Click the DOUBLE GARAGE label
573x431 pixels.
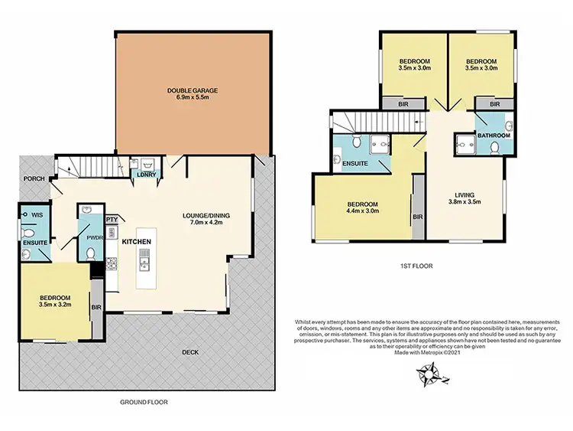(x=193, y=93)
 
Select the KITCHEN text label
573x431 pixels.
(x=135, y=242)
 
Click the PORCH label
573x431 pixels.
(x=33, y=180)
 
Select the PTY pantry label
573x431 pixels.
(x=111, y=219)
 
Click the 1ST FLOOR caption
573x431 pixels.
(x=413, y=266)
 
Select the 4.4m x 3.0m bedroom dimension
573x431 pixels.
(x=364, y=211)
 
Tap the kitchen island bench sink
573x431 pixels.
(x=143, y=265)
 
